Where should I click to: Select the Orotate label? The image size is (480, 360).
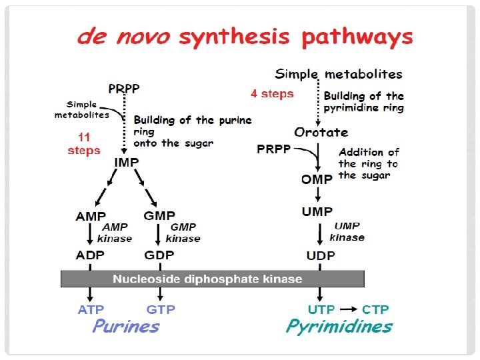click(x=321, y=132)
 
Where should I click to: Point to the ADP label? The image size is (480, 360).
click(x=90, y=256)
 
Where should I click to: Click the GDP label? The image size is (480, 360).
click(x=159, y=256)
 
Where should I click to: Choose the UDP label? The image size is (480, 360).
click(x=321, y=256)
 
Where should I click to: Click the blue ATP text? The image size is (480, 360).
click(x=91, y=309)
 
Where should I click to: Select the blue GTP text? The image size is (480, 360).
click(x=160, y=309)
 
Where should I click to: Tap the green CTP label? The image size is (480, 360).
click(x=375, y=309)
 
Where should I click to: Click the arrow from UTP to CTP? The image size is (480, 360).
click(x=347, y=309)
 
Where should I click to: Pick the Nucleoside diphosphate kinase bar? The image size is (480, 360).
click(x=212, y=279)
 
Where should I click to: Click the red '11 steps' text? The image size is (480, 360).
click(x=83, y=145)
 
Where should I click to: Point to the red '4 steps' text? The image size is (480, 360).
click(x=272, y=94)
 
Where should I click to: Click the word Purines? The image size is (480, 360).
click(x=126, y=327)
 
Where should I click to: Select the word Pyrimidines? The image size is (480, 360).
click(x=339, y=327)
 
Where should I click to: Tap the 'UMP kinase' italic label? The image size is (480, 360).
click(x=347, y=232)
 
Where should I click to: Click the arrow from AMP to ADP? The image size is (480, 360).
click(x=90, y=234)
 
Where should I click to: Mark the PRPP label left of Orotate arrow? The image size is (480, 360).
click(x=274, y=149)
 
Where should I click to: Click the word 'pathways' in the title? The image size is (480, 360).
click(x=357, y=37)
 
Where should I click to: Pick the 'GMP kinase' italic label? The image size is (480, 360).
click(x=183, y=233)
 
